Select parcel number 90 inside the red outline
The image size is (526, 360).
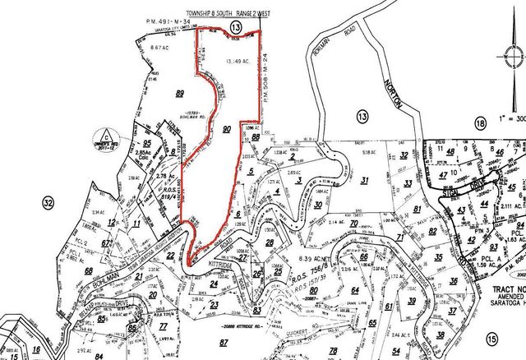tap(227, 128)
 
